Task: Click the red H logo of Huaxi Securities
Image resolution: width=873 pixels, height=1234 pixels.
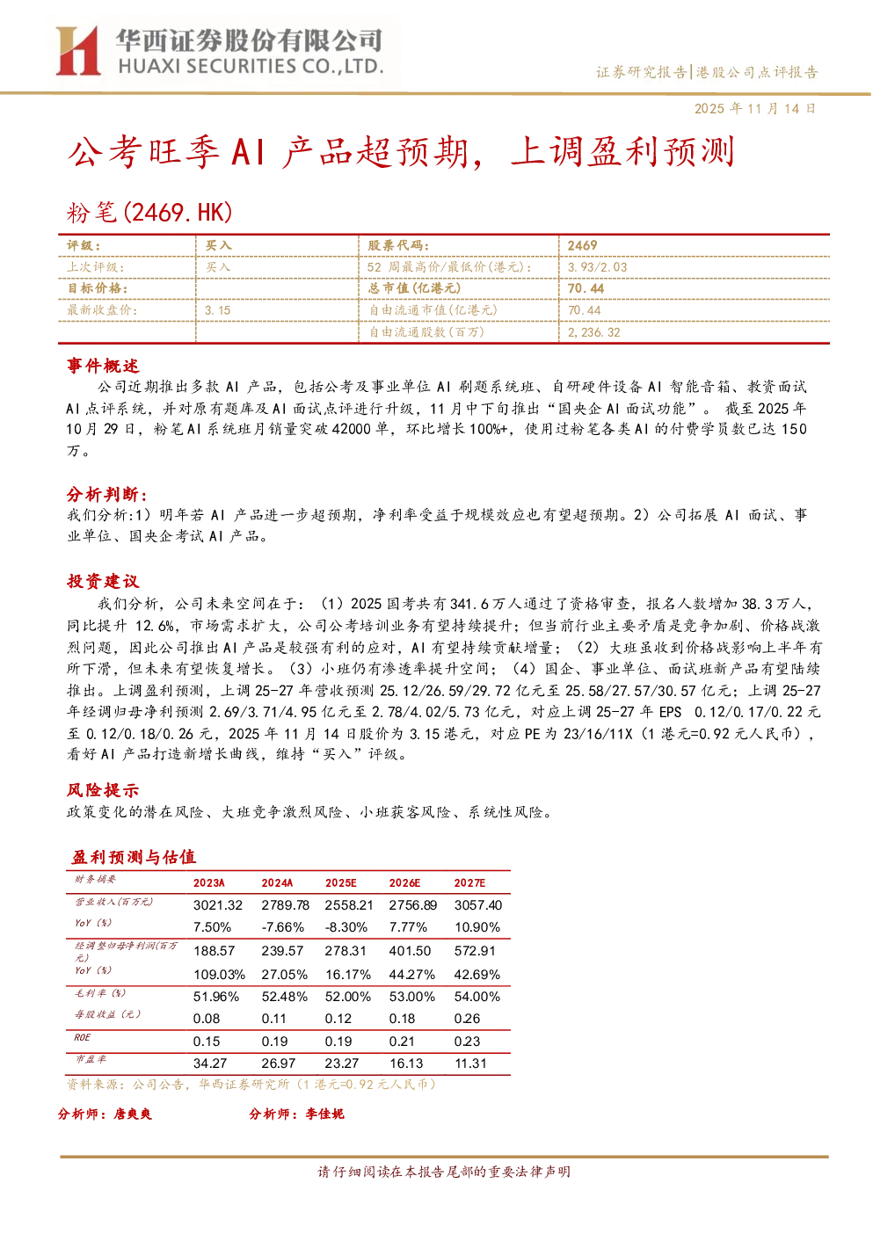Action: tap(77, 51)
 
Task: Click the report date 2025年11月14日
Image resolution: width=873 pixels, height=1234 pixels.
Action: tap(754, 108)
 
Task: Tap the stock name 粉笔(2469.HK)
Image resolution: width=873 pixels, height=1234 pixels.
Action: tap(149, 213)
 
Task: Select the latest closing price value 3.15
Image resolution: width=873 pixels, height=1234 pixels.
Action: tap(218, 310)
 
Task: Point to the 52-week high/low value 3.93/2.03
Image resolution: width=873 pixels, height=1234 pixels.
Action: tap(598, 267)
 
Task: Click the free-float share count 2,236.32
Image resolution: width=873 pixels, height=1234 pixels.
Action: tap(594, 332)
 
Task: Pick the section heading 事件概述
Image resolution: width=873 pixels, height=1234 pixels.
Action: tap(103, 366)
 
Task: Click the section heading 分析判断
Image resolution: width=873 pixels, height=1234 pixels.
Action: tap(106, 494)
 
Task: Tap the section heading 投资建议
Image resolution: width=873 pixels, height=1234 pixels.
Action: tap(103, 581)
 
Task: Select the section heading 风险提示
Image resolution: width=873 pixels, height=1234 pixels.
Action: tap(103, 790)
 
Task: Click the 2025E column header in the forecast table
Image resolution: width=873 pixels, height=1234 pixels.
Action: tap(340, 882)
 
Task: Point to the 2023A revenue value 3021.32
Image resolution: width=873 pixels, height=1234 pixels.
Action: tap(218, 905)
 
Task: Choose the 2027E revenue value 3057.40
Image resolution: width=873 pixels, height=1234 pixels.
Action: tap(478, 905)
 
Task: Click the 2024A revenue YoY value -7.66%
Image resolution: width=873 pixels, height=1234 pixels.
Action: tap(283, 927)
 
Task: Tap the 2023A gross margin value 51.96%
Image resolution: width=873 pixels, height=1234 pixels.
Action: tap(216, 996)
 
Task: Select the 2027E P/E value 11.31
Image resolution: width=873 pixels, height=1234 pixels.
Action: tap(470, 1063)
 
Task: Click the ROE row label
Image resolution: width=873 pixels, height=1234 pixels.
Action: tap(82, 1037)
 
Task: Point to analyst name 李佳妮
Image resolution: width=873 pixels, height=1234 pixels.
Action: tap(325, 1114)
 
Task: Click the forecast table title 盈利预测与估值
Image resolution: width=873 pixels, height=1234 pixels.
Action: tap(134, 857)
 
